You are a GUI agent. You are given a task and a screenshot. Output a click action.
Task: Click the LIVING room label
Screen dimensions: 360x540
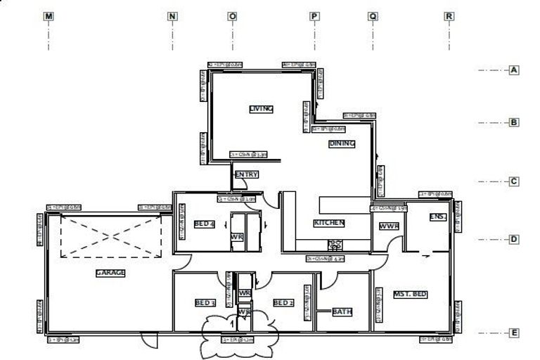click(x=261, y=109)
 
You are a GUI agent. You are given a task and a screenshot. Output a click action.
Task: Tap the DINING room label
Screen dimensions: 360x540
click(x=342, y=143)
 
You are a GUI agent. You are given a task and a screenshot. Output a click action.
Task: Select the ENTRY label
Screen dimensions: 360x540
click(x=246, y=174)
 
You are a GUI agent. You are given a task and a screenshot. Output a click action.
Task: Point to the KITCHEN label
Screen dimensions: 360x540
click(x=329, y=223)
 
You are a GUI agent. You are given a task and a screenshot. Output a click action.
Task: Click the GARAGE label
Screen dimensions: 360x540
click(x=110, y=273)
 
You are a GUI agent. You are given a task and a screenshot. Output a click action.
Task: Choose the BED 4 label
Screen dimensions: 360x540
click(x=204, y=224)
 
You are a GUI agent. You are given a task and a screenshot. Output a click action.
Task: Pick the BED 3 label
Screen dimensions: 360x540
click(x=205, y=303)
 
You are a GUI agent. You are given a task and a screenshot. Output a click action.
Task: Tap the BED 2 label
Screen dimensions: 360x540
click(x=283, y=303)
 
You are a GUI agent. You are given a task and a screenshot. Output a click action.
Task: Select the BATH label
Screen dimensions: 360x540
click(x=342, y=311)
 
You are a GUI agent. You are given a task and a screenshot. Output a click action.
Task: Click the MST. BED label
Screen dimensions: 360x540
click(x=411, y=294)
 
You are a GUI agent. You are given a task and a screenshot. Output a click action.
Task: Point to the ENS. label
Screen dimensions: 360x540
click(x=437, y=217)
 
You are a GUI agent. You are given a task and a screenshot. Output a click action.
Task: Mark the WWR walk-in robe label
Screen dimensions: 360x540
click(x=389, y=227)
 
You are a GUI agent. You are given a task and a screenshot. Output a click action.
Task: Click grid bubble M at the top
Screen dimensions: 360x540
click(x=49, y=15)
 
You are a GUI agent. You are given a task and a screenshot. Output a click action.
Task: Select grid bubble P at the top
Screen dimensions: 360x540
click(x=314, y=15)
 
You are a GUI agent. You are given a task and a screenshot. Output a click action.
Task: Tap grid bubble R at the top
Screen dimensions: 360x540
click(x=449, y=15)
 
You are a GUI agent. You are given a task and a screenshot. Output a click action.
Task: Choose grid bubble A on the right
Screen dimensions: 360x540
click(x=514, y=70)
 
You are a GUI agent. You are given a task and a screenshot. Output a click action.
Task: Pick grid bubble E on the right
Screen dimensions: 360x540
click(x=514, y=333)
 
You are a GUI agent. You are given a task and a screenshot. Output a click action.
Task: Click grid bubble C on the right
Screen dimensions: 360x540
click(x=514, y=181)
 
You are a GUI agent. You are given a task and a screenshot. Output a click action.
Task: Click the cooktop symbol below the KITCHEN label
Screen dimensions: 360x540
click(x=335, y=245)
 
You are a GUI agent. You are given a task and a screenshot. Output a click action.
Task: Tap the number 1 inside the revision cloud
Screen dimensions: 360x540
click(x=233, y=325)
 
